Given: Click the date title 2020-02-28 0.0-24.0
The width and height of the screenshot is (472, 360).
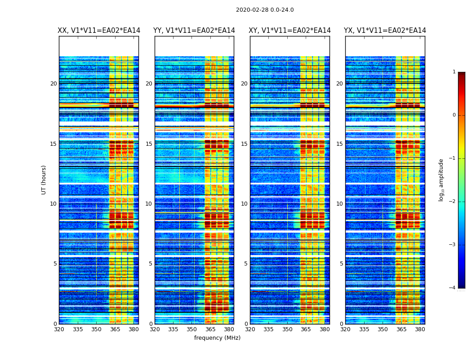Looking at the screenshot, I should (x=265, y=10).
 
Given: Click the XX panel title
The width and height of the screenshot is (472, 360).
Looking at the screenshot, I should (x=99, y=31).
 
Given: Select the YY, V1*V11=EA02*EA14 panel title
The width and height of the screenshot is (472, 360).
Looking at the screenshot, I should (x=194, y=31).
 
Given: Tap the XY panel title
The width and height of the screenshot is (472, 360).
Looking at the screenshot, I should (x=290, y=31).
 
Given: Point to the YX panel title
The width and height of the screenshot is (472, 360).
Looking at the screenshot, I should (x=385, y=31).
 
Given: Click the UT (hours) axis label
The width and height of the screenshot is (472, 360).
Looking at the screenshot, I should (x=44, y=180).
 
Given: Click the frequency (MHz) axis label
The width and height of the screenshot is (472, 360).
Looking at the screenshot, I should (x=217, y=338).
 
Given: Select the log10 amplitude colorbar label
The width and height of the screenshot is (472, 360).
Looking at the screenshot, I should (x=441, y=180).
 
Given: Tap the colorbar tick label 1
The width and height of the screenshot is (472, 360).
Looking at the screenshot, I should (x=454, y=72).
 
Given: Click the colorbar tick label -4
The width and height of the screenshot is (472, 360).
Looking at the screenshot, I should (x=453, y=288).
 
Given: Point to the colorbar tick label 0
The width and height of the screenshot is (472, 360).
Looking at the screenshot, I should (x=454, y=115).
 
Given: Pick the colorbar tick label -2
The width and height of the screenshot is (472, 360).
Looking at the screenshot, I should (x=453, y=202).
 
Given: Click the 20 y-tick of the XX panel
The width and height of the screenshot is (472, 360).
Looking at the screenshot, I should (x=53, y=84).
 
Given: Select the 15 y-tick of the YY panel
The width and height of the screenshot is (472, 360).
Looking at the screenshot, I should (x=149, y=144).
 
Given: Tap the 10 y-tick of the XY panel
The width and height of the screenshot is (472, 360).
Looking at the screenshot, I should (x=244, y=204).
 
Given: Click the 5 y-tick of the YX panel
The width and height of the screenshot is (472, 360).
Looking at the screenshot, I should (x=341, y=264).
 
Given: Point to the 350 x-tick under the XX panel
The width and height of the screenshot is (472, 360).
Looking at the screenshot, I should (x=96, y=329).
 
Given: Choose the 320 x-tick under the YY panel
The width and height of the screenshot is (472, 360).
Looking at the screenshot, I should (x=155, y=329).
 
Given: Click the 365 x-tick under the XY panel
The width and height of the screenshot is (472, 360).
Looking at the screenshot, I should (x=306, y=329).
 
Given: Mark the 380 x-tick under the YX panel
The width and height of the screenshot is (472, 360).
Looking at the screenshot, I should (x=420, y=329).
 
